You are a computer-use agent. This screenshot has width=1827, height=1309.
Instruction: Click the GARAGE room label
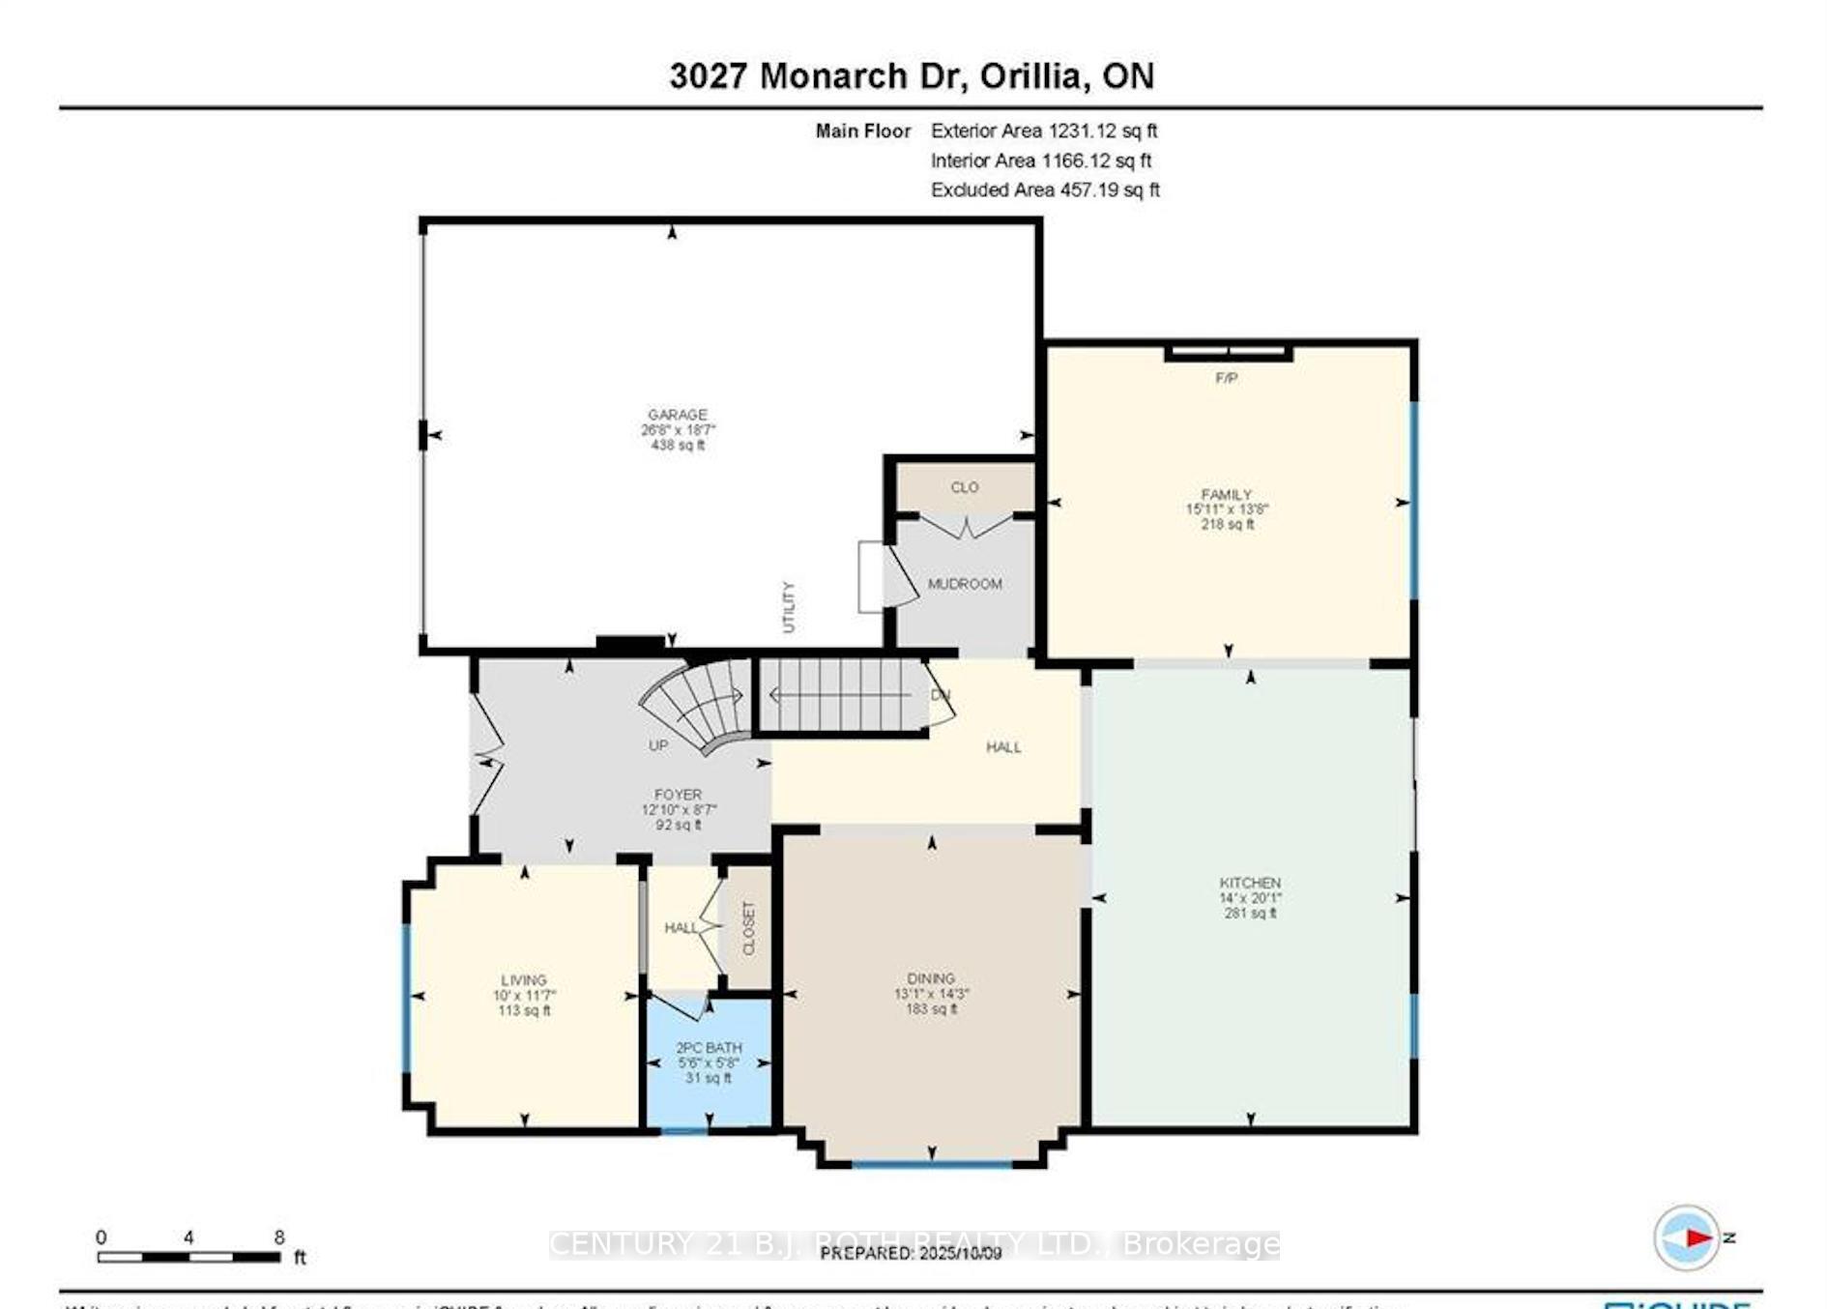pos(677,415)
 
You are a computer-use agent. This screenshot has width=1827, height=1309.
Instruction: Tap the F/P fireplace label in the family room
pos(1226,378)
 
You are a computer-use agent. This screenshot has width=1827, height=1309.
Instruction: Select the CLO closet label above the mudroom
pos(964,487)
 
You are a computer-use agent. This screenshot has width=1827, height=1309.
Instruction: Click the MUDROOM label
pos(964,584)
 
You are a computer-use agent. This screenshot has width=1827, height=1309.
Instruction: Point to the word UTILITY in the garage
pos(788,607)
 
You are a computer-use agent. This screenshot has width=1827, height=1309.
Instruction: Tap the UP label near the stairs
pos(658,745)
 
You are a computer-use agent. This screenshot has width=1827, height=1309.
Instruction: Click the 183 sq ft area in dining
pos(931,1009)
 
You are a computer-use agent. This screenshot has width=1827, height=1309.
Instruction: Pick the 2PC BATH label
pos(709,1048)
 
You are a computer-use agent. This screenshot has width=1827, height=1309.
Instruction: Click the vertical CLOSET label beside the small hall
pos(748,928)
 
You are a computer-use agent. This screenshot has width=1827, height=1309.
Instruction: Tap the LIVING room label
pos(523,979)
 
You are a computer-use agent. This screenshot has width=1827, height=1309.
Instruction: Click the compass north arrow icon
pos(1688,1237)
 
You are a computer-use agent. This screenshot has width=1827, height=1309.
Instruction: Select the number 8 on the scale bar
pos(278,1237)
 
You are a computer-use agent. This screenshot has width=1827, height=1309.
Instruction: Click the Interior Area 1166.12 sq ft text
pos(1040,160)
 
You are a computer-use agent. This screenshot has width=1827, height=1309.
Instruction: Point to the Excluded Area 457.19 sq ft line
pos(1044,190)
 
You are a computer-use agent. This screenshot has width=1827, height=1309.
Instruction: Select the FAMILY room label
pos(1226,494)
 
